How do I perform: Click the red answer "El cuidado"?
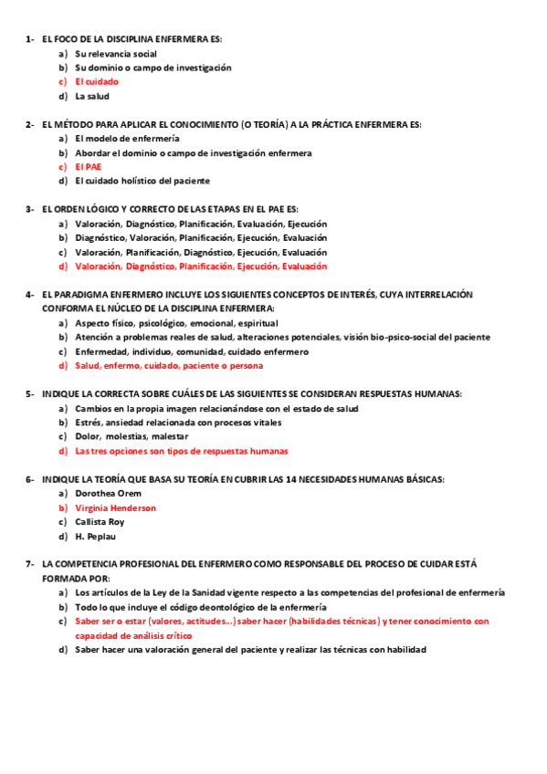(97, 81)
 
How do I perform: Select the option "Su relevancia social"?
(116, 54)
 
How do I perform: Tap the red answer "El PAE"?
(89, 167)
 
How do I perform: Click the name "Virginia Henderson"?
(116, 507)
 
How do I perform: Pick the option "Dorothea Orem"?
(109, 493)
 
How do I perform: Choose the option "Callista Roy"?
(100, 522)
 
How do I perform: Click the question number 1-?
(30, 39)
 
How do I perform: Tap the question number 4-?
(30, 295)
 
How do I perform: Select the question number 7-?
(30, 564)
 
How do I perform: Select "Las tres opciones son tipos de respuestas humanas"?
(182, 451)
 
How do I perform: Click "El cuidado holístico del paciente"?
(142, 181)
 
